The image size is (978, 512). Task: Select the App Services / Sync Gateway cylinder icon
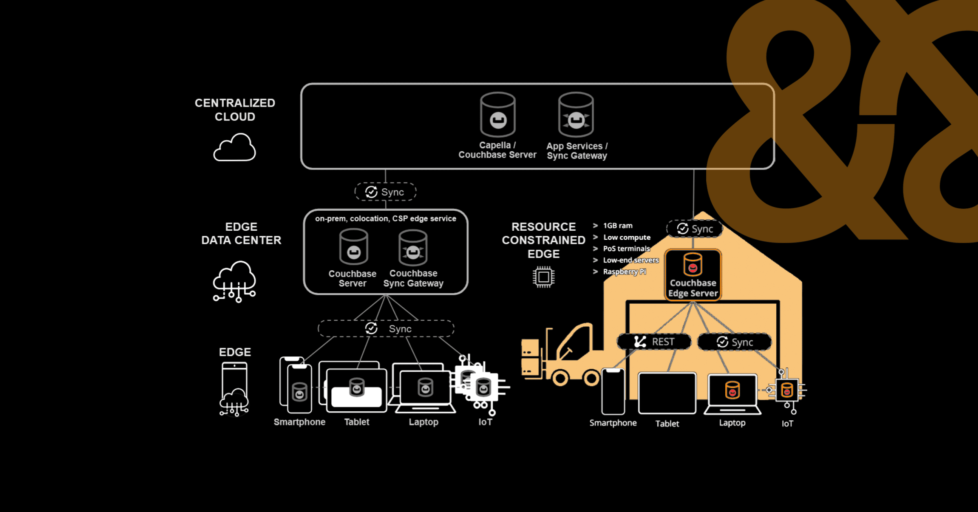(x=576, y=115)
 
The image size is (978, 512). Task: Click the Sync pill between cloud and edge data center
(x=385, y=192)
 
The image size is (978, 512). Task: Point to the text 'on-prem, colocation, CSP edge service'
(x=385, y=218)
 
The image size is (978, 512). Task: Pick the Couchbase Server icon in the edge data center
(x=354, y=247)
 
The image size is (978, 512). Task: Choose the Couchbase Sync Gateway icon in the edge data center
(x=413, y=248)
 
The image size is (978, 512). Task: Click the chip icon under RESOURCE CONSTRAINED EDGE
(x=544, y=277)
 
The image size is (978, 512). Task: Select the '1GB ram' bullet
(x=618, y=225)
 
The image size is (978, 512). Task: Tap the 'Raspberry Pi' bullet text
(x=624, y=271)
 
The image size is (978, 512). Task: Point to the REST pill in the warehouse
(x=654, y=342)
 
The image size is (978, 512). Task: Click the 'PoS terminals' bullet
(x=626, y=249)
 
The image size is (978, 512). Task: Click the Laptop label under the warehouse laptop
(x=732, y=423)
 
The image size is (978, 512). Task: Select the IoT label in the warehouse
(x=787, y=424)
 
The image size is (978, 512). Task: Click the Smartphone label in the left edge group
(x=300, y=422)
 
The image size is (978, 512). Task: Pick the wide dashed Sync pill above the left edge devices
(x=386, y=329)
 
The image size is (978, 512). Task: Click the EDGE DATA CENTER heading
(x=241, y=234)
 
